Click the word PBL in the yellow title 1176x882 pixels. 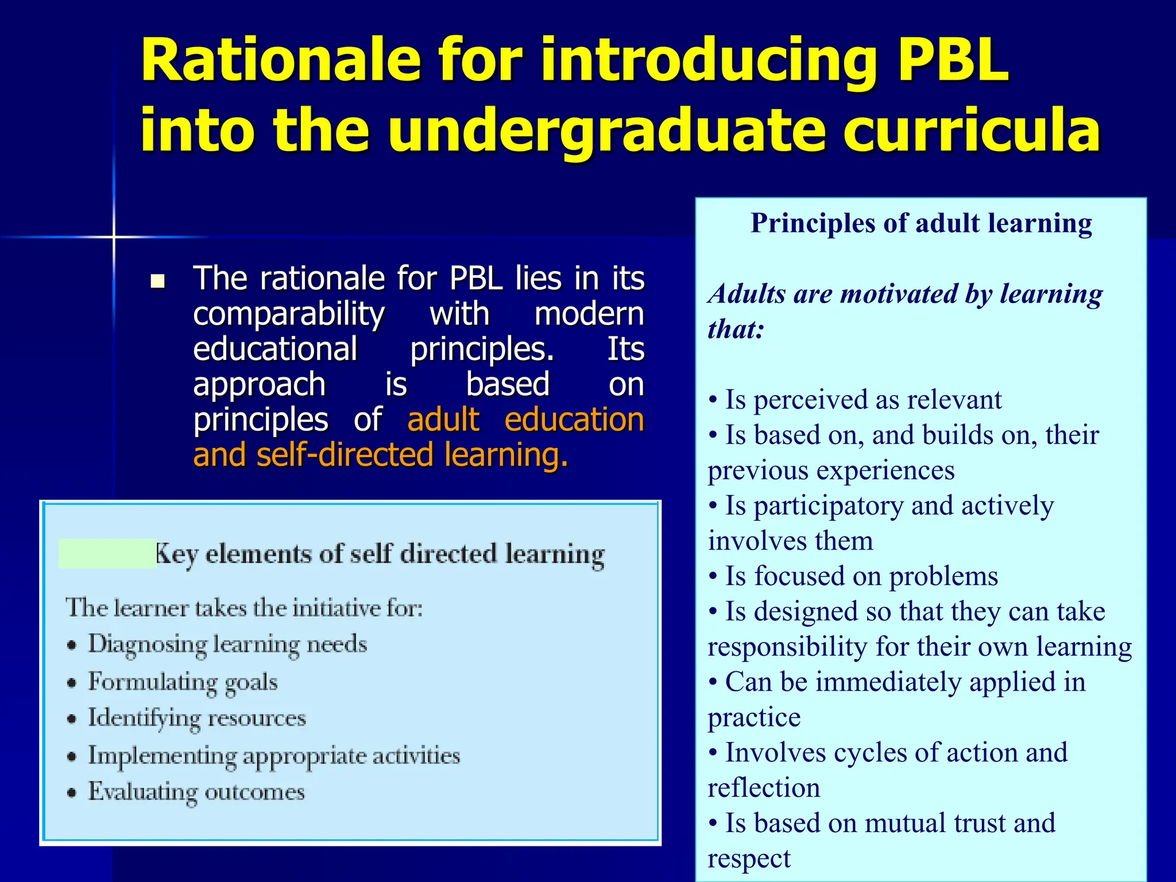[x=953, y=60]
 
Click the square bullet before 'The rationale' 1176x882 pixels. [x=157, y=281]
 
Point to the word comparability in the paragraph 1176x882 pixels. [x=288, y=315]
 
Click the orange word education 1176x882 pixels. [x=574, y=420]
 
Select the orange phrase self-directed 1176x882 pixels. [x=345, y=455]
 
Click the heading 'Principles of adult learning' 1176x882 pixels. [x=921, y=223]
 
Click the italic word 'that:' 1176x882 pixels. [x=736, y=330]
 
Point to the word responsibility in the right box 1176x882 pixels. [x=787, y=647]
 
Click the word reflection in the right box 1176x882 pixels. [x=764, y=788]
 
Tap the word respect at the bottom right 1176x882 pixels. [x=749, y=859]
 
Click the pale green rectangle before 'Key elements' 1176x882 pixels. [x=107, y=554]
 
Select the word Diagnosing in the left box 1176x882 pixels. [x=147, y=644]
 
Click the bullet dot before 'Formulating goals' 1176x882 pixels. [x=72, y=683]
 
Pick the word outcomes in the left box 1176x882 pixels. [x=254, y=792]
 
